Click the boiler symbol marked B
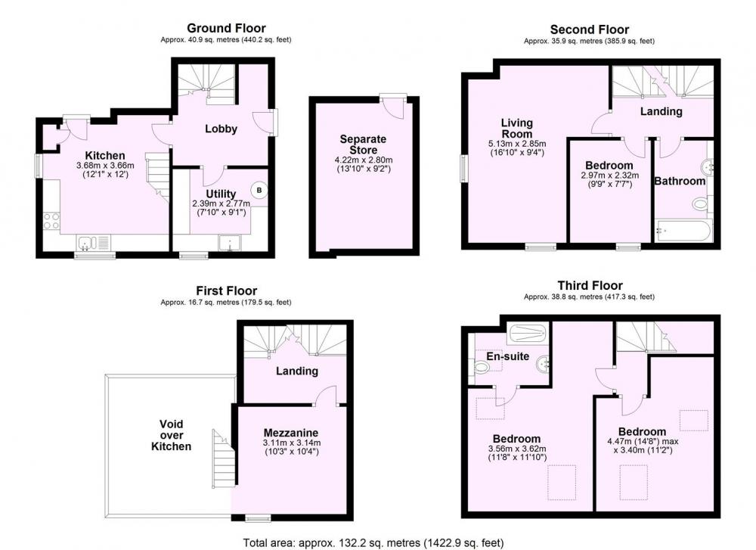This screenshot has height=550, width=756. click(259, 190)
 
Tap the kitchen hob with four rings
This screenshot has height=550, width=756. click(51, 222)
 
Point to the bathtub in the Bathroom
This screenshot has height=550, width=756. click(683, 231)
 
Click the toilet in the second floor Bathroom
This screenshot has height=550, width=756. click(700, 204)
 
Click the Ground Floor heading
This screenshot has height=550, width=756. click(226, 28)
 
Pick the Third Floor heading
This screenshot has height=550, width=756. click(590, 285)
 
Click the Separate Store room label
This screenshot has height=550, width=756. click(363, 144)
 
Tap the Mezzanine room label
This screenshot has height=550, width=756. click(291, 433)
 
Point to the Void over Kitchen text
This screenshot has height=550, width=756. click(171, 435)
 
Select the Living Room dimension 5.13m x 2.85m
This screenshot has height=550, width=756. click(517, 144)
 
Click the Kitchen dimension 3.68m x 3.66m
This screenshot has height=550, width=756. click(105, 166)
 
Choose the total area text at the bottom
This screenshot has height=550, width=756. click(373, 542)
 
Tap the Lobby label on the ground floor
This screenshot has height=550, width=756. click(221, 129)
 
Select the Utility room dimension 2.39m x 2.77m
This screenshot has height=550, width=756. click(221, 204)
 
